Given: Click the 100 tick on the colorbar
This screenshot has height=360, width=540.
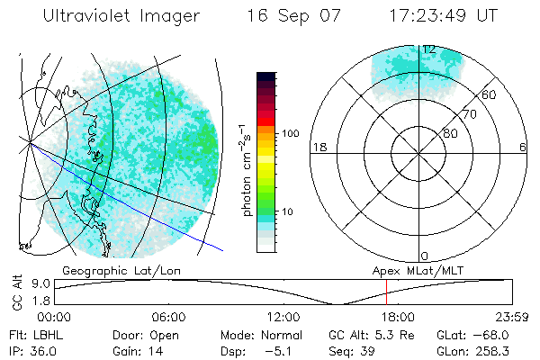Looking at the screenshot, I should click(x=290, y=133).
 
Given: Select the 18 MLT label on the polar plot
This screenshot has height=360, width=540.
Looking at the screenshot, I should click(x=318, y=147).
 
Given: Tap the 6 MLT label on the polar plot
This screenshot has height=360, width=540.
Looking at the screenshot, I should click(x=523, y=147).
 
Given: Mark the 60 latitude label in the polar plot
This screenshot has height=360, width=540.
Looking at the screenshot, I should click(x=489, y=94).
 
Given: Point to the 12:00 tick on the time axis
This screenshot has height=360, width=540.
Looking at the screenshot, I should click(x=283, y=317).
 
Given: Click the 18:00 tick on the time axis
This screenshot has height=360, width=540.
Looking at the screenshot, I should click(x=398, y=317).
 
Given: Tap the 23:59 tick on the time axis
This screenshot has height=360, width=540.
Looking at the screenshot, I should click(x=511, y=317).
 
